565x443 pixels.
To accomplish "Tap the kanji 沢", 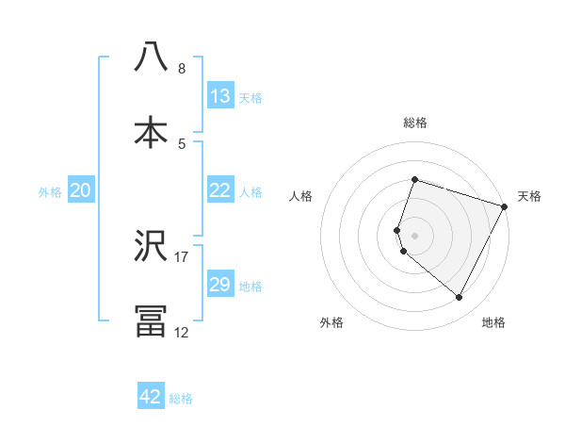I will click(151, 246).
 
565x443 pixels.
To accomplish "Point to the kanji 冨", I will click(151, 320).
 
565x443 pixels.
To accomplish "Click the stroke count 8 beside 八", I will click(182, 69).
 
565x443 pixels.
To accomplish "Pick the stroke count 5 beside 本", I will click(182, 143).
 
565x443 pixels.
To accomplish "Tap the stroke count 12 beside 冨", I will click(182, 332).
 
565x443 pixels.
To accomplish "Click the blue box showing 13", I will click(220, 96).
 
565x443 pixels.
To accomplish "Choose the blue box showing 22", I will click(220, 190).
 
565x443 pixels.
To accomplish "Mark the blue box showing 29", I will click(220, 285).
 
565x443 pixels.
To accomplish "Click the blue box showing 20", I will click(81, 190).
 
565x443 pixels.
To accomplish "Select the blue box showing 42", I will click(151, 397).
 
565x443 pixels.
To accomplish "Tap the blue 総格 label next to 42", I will click(181, 399).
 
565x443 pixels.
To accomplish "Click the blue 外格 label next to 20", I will click(50, 192).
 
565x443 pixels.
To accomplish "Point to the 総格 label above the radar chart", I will click(414, 123).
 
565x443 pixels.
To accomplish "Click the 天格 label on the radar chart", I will click(529, 196).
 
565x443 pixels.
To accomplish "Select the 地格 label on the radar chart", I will click(493, 322).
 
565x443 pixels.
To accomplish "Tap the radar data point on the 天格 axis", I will click(505, 206).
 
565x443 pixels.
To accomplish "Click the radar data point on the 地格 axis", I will click(459, 298).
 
